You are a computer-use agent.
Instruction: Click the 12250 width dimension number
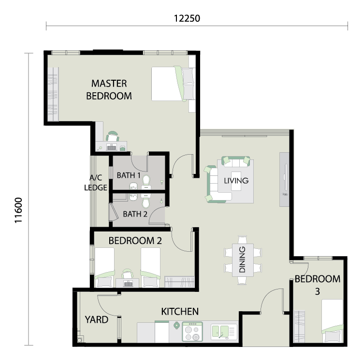coord(187,18)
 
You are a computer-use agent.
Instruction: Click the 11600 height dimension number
coord(18,210)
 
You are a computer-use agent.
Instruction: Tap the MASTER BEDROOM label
coord(109,89)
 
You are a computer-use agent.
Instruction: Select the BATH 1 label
coord(129,175)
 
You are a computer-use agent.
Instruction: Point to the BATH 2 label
coord(135,214)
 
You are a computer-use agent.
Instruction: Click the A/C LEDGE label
coord(96,183)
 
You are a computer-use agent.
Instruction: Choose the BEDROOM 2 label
coord(135,241)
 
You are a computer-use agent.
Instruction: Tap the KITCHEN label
coord(180,312)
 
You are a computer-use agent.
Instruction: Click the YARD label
coord(97,320)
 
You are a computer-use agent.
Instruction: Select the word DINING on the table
coord(242,259)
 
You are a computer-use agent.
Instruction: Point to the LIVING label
coord(236,181)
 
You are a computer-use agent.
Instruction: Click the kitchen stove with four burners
coord(192,331)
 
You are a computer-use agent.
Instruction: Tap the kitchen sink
coord(224,332)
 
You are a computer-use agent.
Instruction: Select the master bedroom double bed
coord(173,84)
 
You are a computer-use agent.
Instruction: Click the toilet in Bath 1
coord(146,182)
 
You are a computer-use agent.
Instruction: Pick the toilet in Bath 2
coord(146,201)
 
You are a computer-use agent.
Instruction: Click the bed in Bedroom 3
coord(332,321)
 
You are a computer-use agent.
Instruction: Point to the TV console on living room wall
coord(284,179)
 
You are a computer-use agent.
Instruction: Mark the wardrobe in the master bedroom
coord(53,94)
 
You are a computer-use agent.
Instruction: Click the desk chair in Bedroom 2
coord(127,274)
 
